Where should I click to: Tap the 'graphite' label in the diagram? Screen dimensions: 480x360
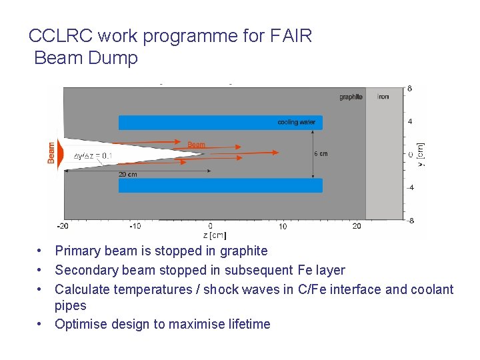tap(351, 97)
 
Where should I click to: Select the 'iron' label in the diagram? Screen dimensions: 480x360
tap(383, 97)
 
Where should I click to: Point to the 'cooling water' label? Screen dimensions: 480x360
tap(297, 122)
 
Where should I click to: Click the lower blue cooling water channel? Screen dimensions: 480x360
tap(220, 185)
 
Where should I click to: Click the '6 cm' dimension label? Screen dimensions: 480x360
tap(321, 154)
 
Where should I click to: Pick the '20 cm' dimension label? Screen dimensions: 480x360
tap(128, 175)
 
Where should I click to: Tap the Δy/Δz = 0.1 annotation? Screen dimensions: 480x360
tap(93, 155)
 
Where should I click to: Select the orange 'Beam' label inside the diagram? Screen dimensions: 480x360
tap(196, 144)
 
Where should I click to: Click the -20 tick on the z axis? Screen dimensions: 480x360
tap(63, 227)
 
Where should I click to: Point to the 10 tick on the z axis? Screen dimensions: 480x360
tap(283, 227)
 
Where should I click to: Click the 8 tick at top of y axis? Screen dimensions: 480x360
tap(409, 89)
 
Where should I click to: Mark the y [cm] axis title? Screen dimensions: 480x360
tap(420, 154)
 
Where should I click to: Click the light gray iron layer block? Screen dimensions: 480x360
tap(385, 160)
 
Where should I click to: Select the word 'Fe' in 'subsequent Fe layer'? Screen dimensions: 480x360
tap(304, 270)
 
